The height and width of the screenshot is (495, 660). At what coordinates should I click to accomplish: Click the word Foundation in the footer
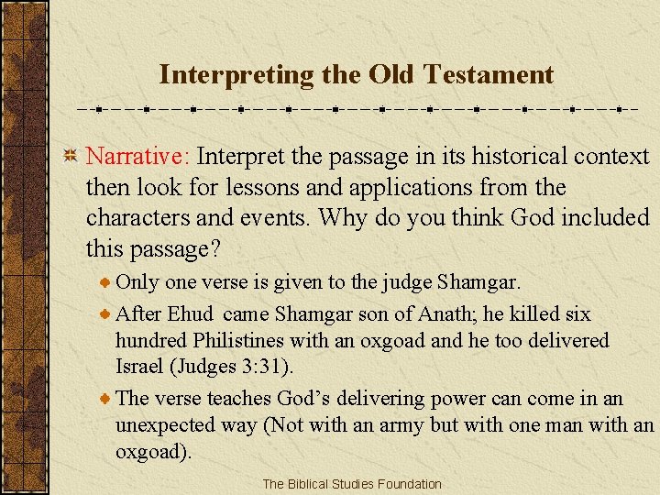(x=408, y=484)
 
